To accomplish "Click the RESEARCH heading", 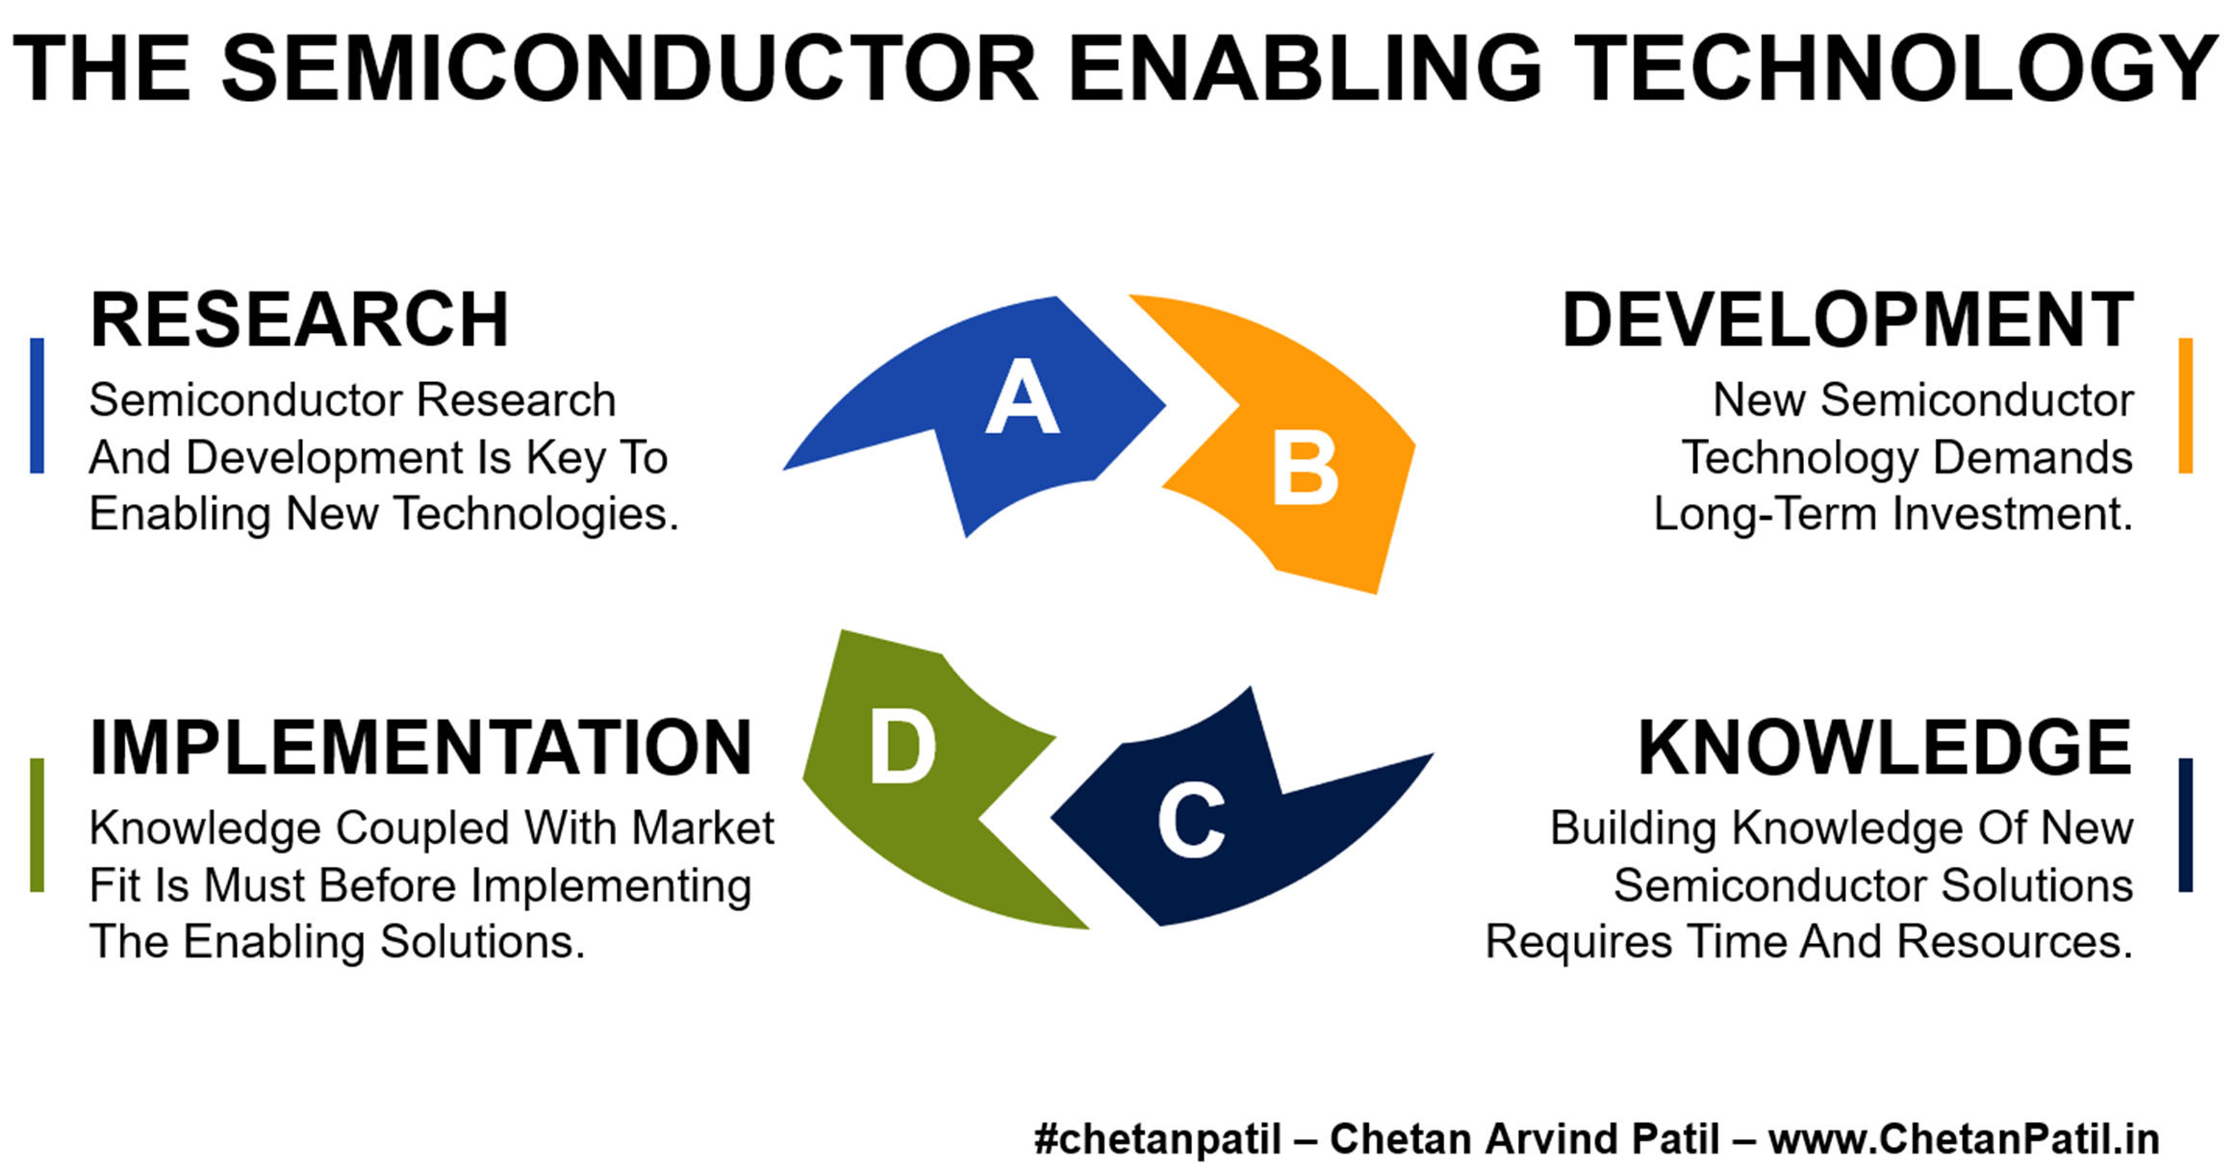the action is point(299,319).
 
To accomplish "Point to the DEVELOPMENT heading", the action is point(1847,319).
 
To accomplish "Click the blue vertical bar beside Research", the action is point(37,405).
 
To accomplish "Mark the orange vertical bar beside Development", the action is point(2186,405).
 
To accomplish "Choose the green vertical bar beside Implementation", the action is point(37,825).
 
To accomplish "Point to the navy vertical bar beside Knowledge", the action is point(2186,825).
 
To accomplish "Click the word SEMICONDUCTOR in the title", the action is point(630,67).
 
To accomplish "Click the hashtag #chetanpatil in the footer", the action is point(1157,1139).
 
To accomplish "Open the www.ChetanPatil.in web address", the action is point(1964,1139).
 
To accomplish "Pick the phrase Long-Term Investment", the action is point(1893,514).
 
